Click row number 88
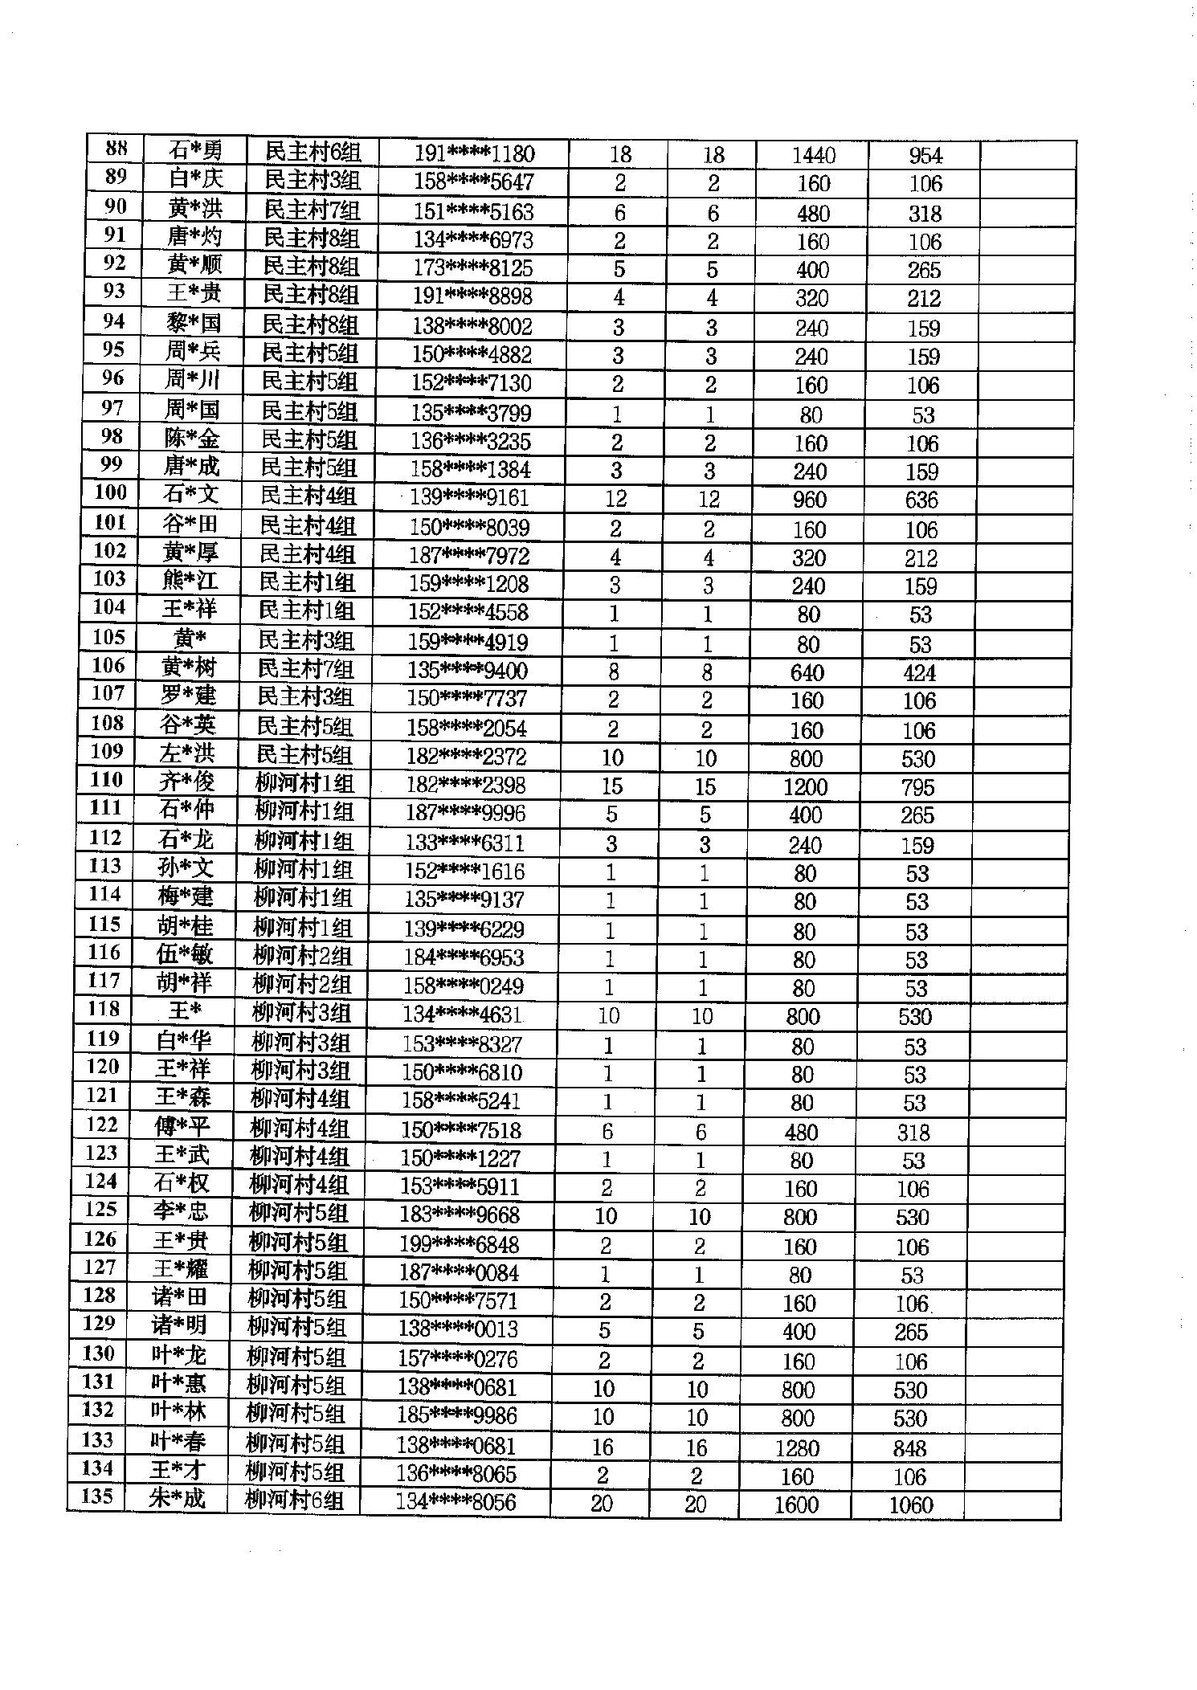click(116, 149)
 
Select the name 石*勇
click(195, 151)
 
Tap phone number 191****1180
click(474, 153)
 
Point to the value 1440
click(813, 155)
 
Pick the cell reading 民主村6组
click(313, 152)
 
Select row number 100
click(111, 492)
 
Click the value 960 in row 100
click(809, 500)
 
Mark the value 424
click(919, 672)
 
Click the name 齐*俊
click(186, 782)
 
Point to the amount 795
click(917, 787)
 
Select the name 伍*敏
click(185, 954)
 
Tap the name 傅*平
click(182, 1126)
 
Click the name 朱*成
click(177, 1497)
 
